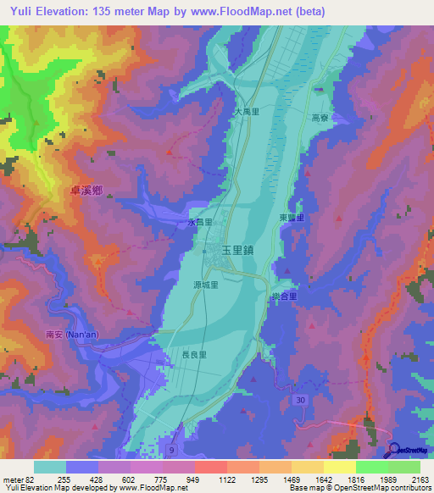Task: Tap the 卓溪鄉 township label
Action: click(x=86, y=192)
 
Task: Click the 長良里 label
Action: click(x=194, y=356)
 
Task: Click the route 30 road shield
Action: click(x=301, y=399)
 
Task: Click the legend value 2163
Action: click(x=420, y=479)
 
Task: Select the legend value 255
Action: click(x=63, y=479)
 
